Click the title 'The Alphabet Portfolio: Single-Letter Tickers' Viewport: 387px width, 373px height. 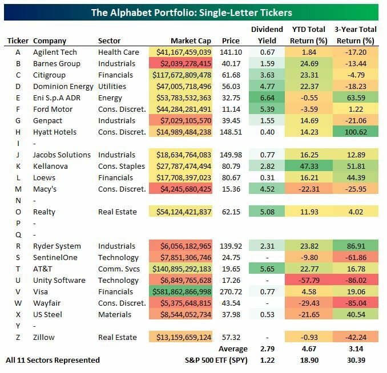(x=193, y=12)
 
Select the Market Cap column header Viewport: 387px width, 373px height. (x=191, y=41)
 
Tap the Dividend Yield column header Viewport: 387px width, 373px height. (x=267, y=35)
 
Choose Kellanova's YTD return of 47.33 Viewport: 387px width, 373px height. (x=310, y=166)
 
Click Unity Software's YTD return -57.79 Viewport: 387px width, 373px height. (x=310, y=280)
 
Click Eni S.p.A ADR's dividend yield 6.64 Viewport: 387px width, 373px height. (x=267, y=98)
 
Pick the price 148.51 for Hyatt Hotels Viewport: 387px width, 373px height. (x=231, y=132)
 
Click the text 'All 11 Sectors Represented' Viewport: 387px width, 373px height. (x=53, y=360)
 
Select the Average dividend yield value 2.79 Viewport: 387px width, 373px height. (x=267, y=348)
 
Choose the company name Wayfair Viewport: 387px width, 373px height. (x=47, y=303)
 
